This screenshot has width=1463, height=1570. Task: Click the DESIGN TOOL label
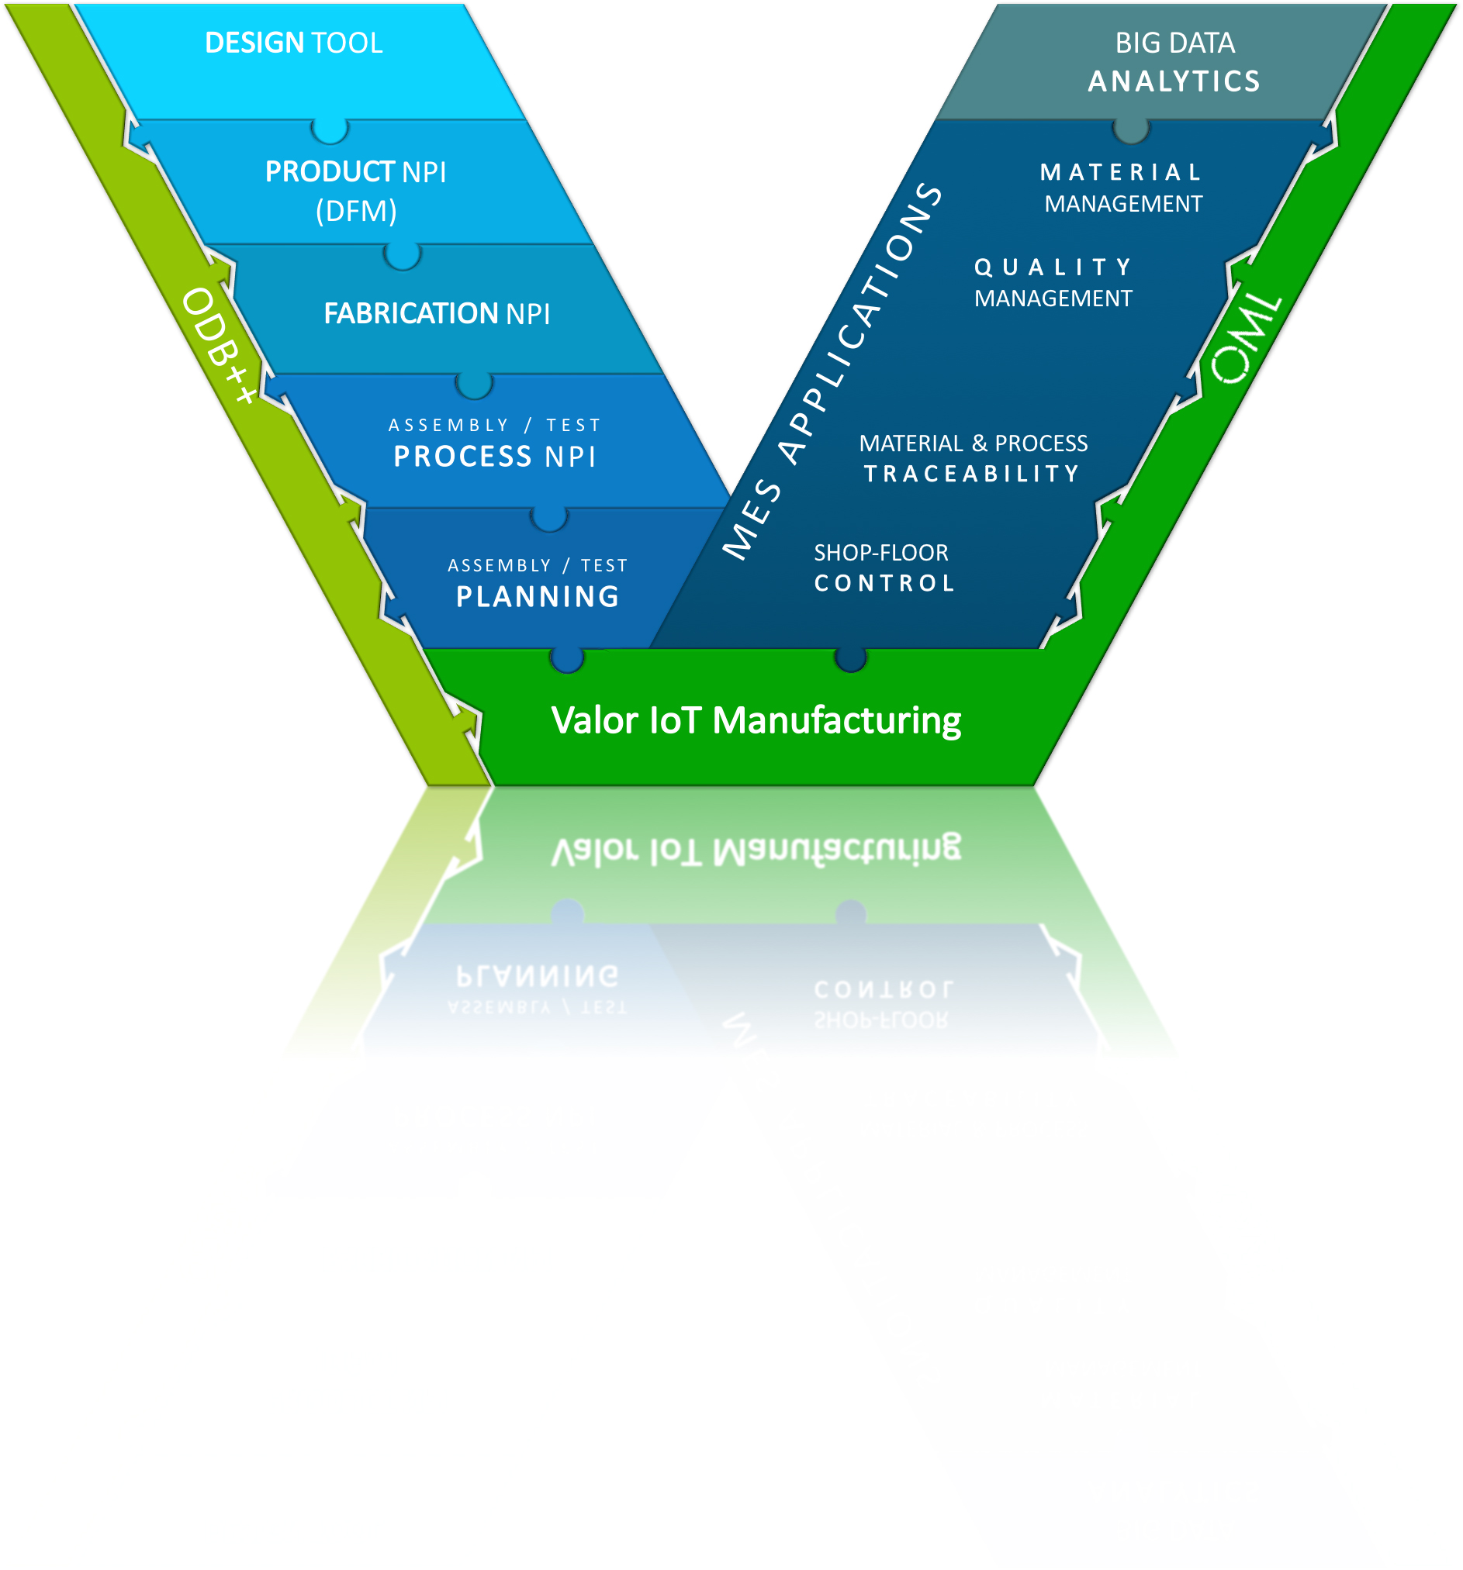click(293, 43)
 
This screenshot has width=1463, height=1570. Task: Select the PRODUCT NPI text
click(355, 171)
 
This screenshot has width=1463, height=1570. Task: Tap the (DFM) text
click(356, 211)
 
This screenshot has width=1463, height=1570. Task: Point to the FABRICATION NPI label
click(437, 313)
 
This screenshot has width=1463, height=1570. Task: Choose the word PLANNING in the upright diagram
click(538, 596)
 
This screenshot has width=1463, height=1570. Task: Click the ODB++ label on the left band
click(219, 345)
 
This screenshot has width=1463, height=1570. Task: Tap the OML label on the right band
click(1247, 340)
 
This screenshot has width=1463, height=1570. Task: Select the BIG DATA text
click(1174, 43)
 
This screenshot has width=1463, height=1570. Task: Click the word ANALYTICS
click(1174, 81)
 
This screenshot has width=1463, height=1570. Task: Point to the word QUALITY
click(1053, 267)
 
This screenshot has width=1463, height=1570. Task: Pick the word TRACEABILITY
click(972, 473)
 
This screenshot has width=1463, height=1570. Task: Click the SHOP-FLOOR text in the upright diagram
click(880, 553)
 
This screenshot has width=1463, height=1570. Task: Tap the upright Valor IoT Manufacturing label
click(756, 720)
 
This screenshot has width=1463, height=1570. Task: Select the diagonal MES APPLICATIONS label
click(832, 371)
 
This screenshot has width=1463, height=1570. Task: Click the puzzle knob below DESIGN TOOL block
click(330, 130)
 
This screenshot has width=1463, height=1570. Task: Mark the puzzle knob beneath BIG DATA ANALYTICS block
click(1130, 130)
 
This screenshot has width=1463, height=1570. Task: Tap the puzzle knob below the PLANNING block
click(567, 659)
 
